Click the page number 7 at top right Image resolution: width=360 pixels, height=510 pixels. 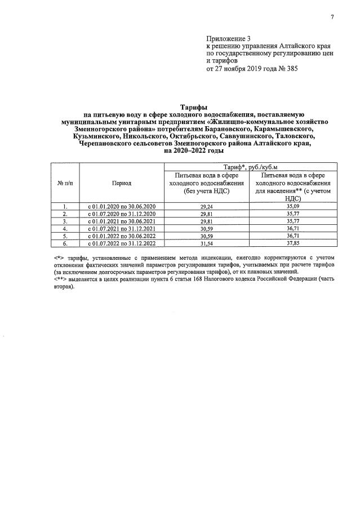pyautogui.click(x=332, y=17)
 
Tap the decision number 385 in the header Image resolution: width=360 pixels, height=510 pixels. pyautogui.click(x=290, y=69)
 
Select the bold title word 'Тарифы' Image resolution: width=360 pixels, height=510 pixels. pyautogui.click(x=194, y=107)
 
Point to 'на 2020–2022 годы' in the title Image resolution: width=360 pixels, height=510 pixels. pyautogui.click(x=194, y=151)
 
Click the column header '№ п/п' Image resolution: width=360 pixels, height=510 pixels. pyautogui.click(x=65, y=184)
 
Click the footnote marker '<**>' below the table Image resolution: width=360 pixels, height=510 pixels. pyautogui.click(x=59, y=280)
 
